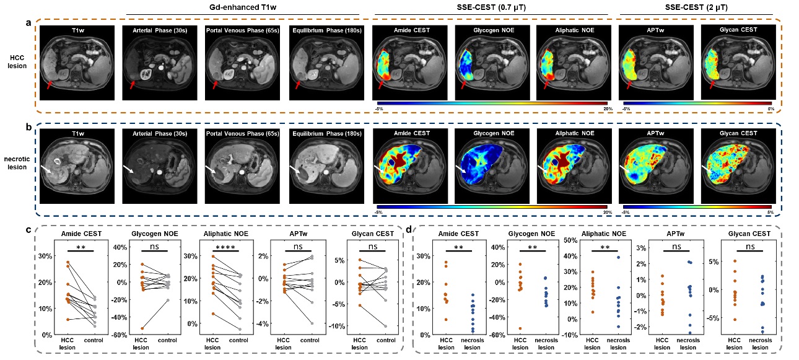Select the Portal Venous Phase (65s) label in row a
243,30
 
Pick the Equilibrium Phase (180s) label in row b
325,133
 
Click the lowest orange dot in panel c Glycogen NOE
126,328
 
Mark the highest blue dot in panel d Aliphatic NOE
618,257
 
